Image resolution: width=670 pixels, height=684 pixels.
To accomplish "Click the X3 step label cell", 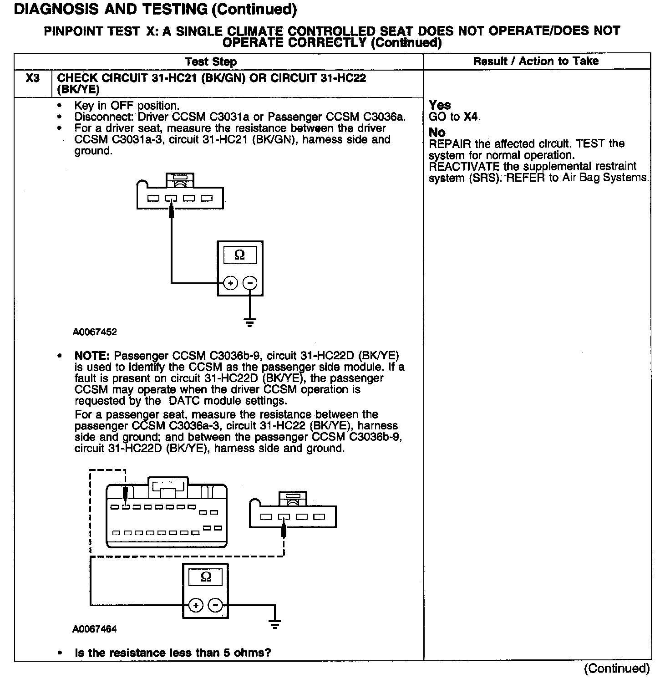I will point(33,78).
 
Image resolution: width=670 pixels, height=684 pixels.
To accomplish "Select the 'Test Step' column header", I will point(211,62).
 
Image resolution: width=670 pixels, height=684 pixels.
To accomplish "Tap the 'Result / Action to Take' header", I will point(536,61).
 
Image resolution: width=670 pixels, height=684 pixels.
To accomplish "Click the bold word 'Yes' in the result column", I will point(440,105).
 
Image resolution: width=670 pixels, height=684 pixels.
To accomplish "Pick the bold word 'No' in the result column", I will point(437,133).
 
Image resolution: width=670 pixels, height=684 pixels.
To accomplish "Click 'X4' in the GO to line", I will point(471,117).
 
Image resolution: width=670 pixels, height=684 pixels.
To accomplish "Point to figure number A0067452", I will point(95,332).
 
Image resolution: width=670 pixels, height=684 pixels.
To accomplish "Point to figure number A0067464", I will point(94,629).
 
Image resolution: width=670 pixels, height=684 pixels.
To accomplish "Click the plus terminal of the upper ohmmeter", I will point(231,283).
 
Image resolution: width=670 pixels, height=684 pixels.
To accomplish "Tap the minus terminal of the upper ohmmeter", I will point(249,283).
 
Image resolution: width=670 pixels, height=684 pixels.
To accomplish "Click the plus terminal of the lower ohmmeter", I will point(196,605).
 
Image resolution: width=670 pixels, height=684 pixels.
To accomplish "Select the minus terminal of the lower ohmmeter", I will point(215,605).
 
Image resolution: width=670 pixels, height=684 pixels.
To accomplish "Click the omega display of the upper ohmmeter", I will point(239,255).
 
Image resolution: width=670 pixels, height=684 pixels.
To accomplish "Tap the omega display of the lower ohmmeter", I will point(206,577).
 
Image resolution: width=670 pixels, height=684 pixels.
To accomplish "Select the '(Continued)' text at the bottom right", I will point(617,668).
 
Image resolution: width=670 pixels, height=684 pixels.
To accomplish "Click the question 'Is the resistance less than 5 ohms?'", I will point(173,653).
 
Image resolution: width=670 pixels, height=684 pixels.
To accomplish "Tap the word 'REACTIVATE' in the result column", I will point(464,166).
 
